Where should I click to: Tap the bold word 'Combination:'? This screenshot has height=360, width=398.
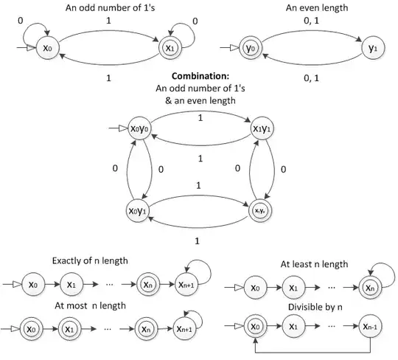point(198,77)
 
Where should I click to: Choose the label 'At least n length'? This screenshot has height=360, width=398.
point(313,264)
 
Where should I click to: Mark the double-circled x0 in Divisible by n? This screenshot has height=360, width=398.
point(254,325)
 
